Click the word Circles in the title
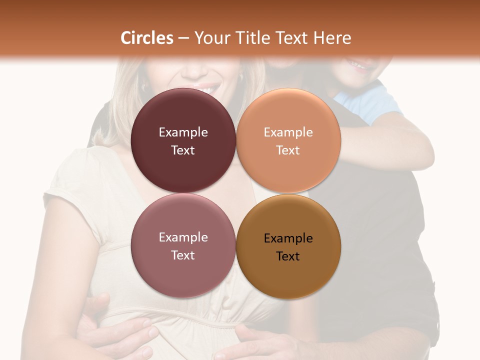(147, 38)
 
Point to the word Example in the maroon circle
(183, 132)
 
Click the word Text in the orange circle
(288, 150)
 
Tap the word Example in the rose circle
(183, 237)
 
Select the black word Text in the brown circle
(288, 256)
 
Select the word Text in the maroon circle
(183, 150)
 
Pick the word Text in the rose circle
(183, 255)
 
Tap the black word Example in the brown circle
(288, 238)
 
